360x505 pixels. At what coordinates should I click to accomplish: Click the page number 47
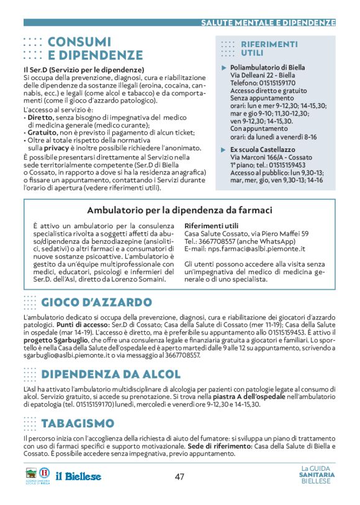point(179,476)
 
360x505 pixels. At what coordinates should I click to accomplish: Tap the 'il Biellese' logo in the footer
point(79,476)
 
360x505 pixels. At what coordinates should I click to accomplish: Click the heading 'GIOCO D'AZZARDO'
point(96,303)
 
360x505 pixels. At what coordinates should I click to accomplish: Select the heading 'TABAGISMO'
point(78,424)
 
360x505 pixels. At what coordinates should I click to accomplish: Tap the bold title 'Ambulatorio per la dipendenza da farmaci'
point(179,210)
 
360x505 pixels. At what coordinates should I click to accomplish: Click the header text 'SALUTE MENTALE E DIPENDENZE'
point(268,23)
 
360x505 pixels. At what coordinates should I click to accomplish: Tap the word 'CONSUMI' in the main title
point(79,42)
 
